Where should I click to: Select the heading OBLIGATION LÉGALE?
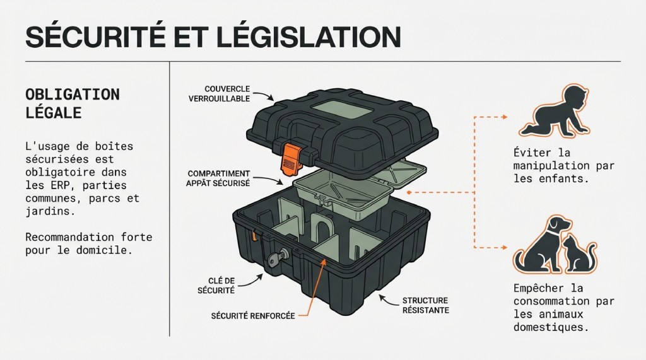click(x=72, y=103)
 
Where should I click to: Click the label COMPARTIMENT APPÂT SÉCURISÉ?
click(x=219, y=178)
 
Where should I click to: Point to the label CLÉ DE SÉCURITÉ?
click(x=220, y=286)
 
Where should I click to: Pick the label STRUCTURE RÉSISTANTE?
click(x=425, y=305)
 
